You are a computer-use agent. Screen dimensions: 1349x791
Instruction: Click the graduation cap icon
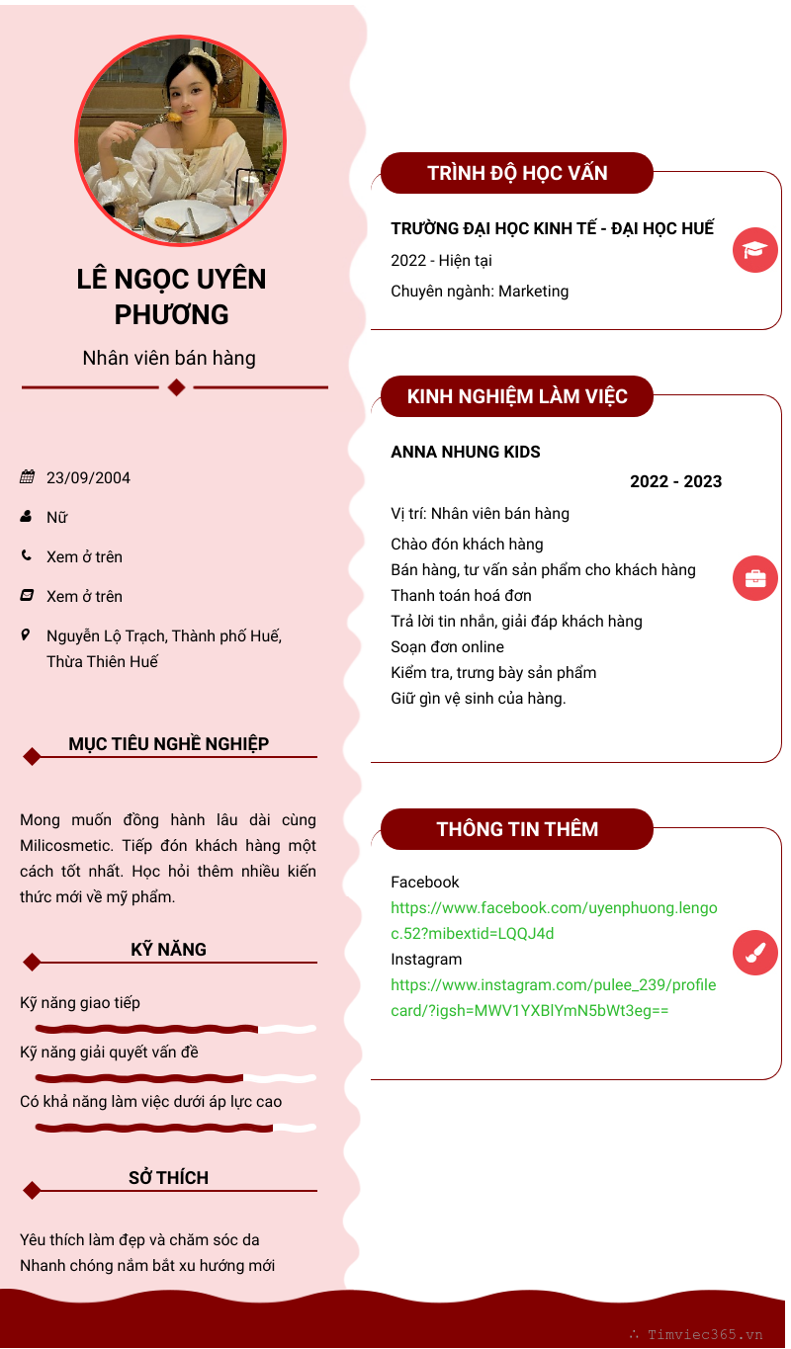point(755,250)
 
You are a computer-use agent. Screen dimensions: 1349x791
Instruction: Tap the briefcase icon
point(755,577)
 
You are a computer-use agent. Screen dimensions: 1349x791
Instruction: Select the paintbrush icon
point(755,953)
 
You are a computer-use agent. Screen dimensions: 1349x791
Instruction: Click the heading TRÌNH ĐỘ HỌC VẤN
point(517,173)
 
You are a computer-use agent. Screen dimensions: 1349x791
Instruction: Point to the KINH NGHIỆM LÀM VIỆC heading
point(517,396)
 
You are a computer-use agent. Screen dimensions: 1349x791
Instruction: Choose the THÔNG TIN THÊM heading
point(517,829)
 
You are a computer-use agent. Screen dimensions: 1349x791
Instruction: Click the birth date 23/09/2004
point(88,478)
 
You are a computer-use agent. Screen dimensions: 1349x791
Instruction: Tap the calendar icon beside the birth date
point(27,477)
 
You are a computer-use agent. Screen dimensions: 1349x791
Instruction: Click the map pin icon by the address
point(26,634)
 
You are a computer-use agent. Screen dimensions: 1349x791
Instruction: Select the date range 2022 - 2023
point(675,482)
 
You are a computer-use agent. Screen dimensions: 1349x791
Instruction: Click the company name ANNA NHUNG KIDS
point(466,453)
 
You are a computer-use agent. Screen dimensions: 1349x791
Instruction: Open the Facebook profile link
point(554,920)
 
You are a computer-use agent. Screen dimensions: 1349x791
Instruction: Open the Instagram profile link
point(553,997)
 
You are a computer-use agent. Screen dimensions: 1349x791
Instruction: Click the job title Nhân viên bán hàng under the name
point(169,358)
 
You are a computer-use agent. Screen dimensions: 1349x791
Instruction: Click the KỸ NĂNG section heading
point(169,950)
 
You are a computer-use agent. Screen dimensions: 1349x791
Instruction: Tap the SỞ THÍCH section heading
point(169,1178)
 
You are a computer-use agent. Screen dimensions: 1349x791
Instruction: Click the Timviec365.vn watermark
point(704,1334)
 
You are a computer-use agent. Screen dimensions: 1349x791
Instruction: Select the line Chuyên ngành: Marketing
point(480,292)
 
